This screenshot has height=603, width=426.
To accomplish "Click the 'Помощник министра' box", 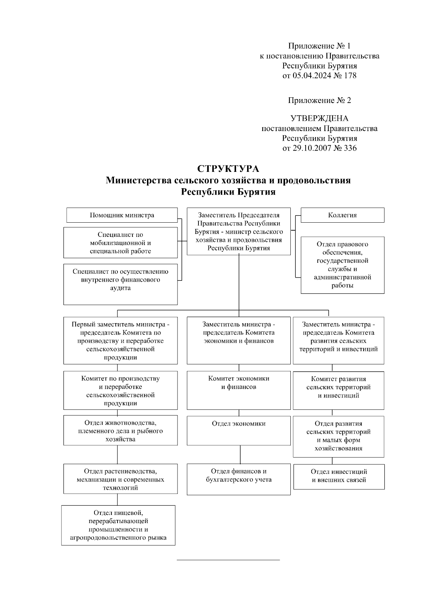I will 122,215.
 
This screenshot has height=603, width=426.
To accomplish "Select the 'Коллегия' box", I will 342,215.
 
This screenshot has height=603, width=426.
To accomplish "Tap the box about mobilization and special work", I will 120,243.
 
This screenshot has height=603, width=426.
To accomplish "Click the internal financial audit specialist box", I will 120,284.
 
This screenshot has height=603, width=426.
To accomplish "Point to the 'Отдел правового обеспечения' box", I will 342,265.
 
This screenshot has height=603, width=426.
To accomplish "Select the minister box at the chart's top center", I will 239,231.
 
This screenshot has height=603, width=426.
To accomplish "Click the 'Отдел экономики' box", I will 239,430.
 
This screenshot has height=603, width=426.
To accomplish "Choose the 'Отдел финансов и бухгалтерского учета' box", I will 239,479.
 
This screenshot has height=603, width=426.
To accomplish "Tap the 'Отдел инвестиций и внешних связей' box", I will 339,477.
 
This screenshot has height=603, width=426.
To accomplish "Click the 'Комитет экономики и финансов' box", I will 239,390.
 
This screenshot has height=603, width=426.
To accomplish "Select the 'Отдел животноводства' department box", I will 120,430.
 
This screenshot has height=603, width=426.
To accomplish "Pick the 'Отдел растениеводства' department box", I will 120,479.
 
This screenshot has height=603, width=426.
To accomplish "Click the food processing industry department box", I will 118,525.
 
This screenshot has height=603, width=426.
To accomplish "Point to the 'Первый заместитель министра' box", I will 120,341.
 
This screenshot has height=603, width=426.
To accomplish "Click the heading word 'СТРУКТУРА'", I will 228,169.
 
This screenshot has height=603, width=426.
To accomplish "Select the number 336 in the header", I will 350,148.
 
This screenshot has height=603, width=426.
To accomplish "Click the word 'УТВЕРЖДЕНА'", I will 319,118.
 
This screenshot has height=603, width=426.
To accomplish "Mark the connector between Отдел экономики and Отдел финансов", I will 240,455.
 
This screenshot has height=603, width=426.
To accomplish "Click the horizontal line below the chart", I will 228,560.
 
